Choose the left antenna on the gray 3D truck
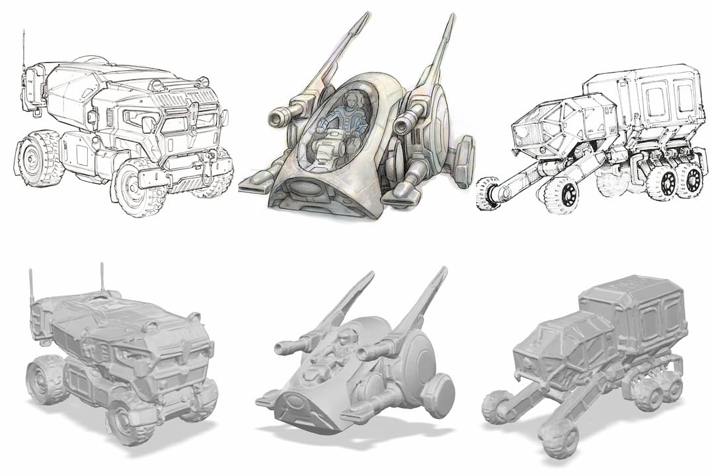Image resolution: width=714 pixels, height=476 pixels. pos(31,284)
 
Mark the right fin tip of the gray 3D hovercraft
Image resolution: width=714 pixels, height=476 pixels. pos(444,271)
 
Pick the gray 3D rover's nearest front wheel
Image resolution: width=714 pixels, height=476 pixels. pos(557,438)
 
